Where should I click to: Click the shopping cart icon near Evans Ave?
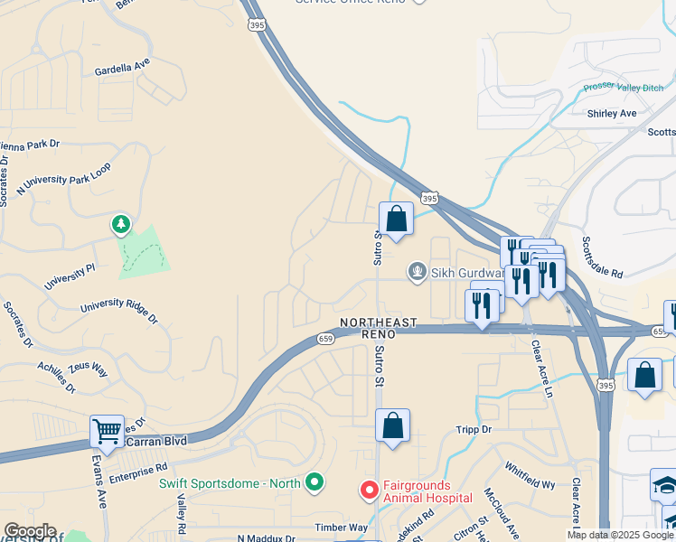pos(107,431)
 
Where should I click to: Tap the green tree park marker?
pos(119,223)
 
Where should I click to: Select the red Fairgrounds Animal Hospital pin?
pos(369,490)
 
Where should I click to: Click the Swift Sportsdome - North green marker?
pos(314,483)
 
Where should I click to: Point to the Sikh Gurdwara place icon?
pos(417,270)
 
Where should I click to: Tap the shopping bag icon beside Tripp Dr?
pos(392,425)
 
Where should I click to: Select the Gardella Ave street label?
pos(121,67)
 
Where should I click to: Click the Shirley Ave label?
pos(612,114)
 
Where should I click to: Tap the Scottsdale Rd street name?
pos(603,257)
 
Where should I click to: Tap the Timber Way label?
pos(342,527)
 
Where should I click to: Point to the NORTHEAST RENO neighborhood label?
pos(378,328)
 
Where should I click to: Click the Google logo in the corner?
pos(30,531)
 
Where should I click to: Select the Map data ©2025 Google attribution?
pos(620,535)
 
